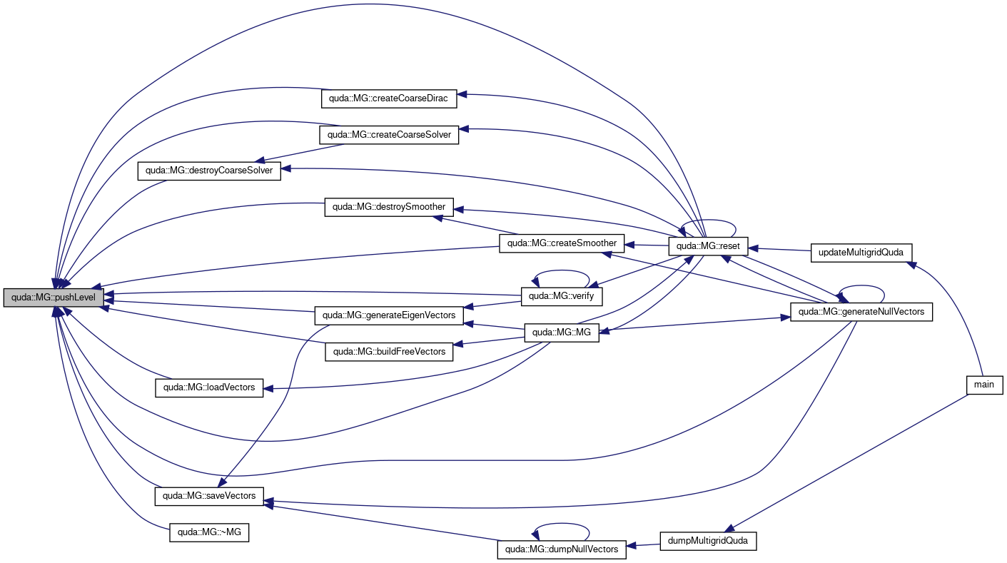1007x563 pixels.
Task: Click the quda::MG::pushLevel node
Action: pos(54,298)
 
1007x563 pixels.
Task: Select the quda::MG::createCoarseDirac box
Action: pos(389,98)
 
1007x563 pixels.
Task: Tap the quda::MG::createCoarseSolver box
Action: pos(389,135)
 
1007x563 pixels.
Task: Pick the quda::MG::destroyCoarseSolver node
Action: pos(209,171)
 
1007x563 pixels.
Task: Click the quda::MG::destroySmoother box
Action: pos(389,207)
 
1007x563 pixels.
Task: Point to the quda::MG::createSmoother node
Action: pos(562,243)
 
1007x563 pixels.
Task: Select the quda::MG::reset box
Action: pos(708,246)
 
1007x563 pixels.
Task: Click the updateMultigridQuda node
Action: pos(861,253)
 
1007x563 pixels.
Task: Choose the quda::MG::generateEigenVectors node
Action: pos(389,315)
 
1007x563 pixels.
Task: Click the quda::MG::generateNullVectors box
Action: pos(861,312)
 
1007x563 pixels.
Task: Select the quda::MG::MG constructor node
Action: pos(562,333)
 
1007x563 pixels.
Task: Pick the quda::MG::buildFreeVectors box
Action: pos(389,352)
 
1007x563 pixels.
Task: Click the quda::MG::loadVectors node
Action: pos(209,387)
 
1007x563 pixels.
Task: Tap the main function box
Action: pos(985,385)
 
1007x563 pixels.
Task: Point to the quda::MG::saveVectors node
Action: pos(209,496)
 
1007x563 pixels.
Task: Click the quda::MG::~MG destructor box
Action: pos(209,532)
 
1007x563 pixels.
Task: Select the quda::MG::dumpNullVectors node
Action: pos(562,549)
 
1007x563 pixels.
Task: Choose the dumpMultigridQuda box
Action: pos(708,541)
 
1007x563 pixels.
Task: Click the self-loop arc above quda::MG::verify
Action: pos(561,270)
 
